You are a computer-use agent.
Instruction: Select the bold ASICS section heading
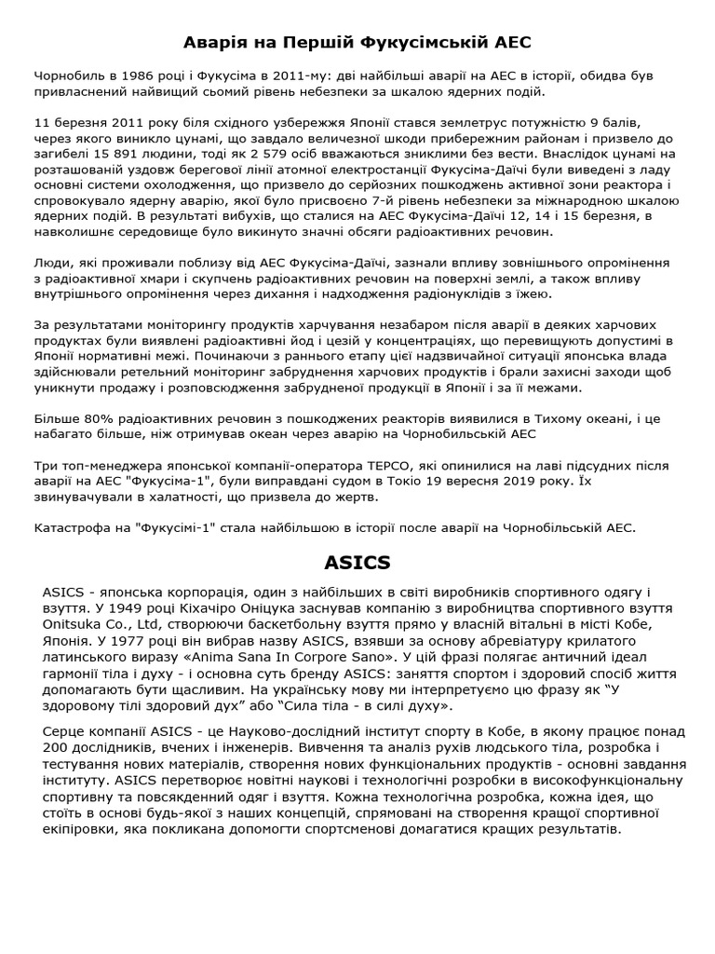coord(357,563)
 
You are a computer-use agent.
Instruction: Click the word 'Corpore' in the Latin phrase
coord(339,657)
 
